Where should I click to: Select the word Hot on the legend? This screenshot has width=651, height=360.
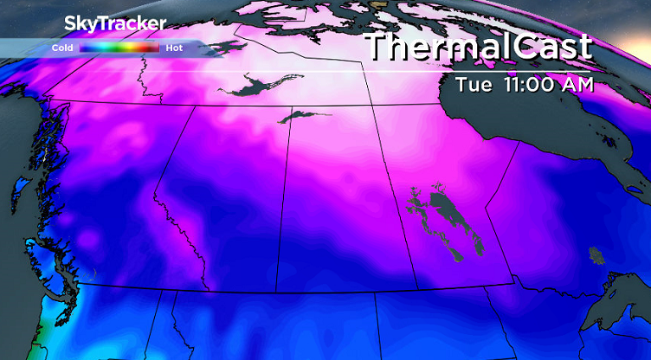point(174,48)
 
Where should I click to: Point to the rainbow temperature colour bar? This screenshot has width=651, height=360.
point(119,48)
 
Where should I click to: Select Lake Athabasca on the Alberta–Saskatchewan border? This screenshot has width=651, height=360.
point(299,116)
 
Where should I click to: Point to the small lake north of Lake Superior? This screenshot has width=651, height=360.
point(596,254)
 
